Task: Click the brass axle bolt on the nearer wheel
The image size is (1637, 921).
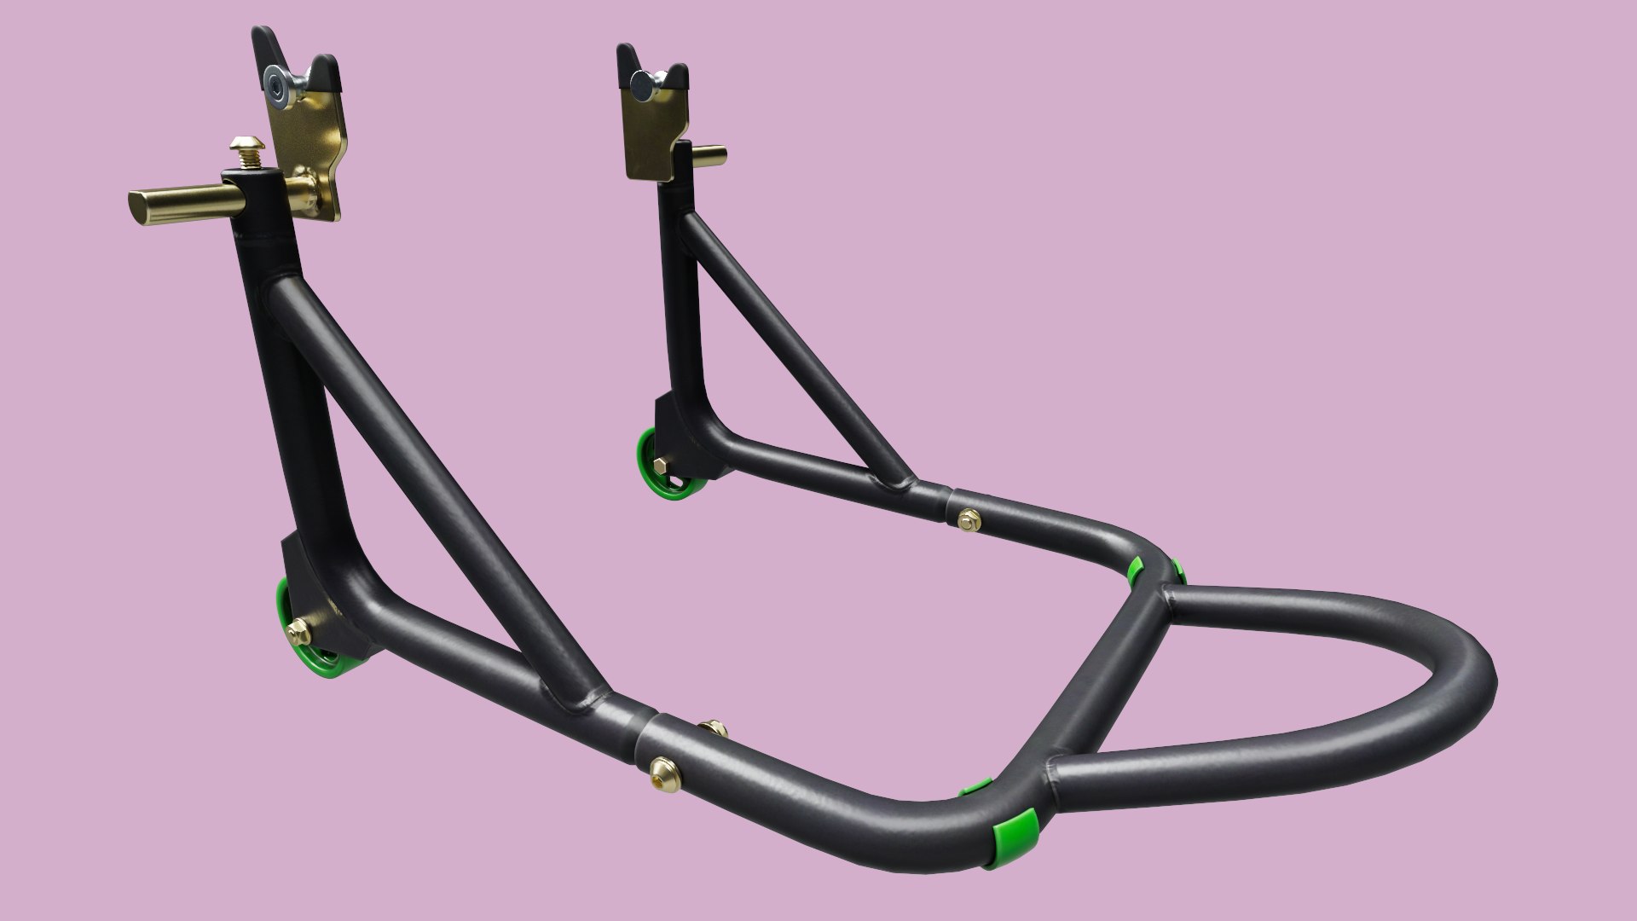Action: coord(299,631)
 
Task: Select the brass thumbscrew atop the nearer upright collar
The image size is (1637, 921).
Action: coord(251,153)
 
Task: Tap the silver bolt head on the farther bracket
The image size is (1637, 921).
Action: coord(641,81)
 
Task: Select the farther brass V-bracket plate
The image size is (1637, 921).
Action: coord(652,128)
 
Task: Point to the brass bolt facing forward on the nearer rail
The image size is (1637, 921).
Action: coord(660,767)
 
